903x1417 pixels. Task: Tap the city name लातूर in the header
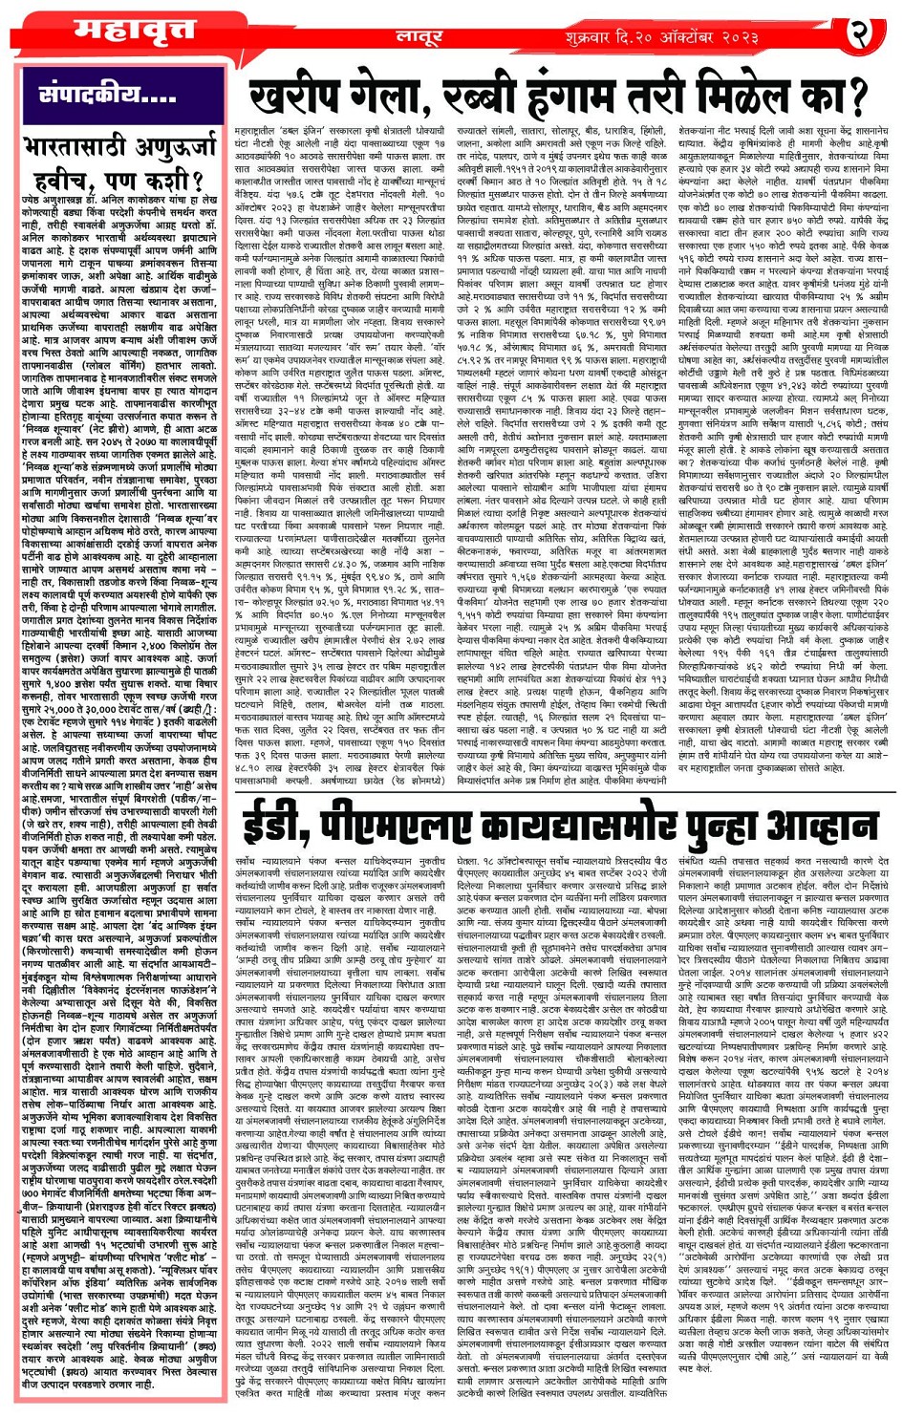421,37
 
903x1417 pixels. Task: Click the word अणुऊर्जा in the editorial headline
179,146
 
